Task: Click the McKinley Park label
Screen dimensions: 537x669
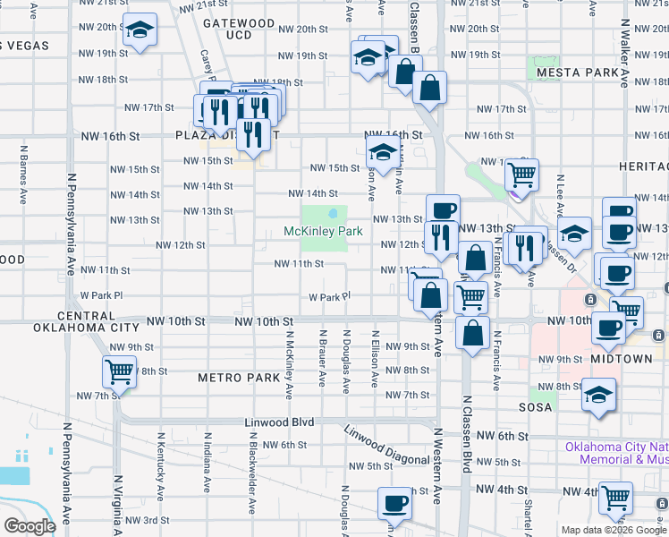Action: (x=323, y=231)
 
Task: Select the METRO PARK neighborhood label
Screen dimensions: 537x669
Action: (x=239, y=378)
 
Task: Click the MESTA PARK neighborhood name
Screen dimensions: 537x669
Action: (x=577, y=72)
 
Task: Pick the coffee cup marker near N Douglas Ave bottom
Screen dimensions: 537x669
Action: (x=394, y=503)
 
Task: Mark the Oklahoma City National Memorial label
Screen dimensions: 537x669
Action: (x=617, y=453)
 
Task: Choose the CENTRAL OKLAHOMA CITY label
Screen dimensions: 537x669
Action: (x=86, y=321)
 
